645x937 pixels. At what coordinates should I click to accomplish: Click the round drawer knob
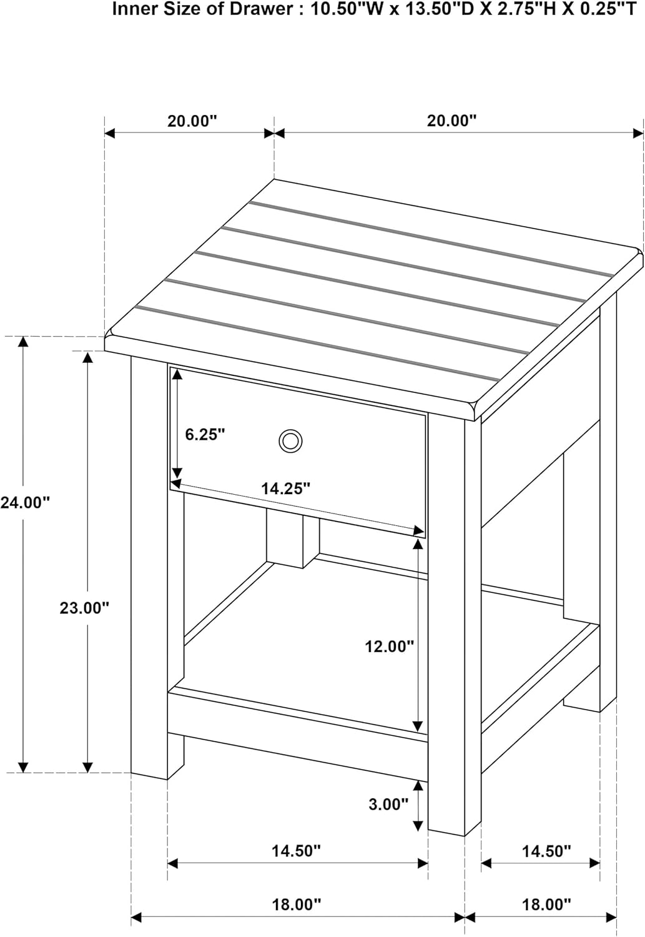click(290, 441)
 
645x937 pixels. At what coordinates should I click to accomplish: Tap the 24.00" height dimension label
click(25, 502)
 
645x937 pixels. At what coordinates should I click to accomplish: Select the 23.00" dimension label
click(84, 608)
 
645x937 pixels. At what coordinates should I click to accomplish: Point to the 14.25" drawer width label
click(286, 488)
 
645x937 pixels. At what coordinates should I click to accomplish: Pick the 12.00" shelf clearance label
click(390, 647)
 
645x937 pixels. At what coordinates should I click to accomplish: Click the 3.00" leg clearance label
click(388, 803)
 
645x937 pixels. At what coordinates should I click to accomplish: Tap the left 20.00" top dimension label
click(193, 121)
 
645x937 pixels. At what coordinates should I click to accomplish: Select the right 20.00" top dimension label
click(451, 121)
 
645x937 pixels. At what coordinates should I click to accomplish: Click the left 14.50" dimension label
click(297, 850)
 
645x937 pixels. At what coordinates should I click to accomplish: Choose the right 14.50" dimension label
click(546, 850)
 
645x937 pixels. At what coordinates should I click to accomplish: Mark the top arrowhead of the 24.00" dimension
click(23, 341)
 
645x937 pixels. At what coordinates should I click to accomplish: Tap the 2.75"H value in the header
click(520, 9)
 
